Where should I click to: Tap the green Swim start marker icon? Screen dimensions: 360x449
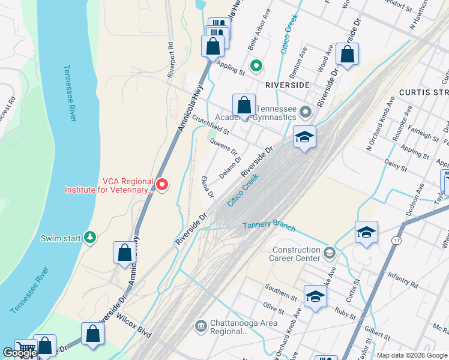(90, 238)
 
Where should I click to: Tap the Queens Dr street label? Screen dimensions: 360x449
(223, 148)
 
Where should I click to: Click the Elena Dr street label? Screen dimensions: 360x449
(208, 187)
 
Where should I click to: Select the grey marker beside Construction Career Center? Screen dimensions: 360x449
(328, 253)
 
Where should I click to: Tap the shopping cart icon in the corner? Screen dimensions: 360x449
(25, 348)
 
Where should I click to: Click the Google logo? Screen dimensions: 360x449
(20, 353)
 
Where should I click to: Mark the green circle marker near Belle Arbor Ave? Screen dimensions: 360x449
(256, 65)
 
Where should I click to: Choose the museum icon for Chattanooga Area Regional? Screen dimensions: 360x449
(200, 327)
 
